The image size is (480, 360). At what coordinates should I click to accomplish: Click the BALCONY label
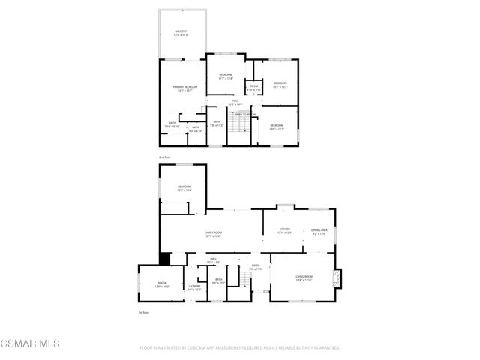click(x=181, y=31)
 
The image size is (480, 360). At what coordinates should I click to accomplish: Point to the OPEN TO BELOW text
click(x=245, y=114)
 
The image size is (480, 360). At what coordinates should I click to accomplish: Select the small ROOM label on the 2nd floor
click(x=254, y=85)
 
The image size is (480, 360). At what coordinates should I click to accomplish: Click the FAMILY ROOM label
click(x=214, y=233)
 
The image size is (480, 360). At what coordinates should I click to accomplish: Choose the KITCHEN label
click(x=285, y=229)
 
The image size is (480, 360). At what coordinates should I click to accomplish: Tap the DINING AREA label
click(x=319, y=231)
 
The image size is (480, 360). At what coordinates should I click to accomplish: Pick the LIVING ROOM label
click(x=303, y=277)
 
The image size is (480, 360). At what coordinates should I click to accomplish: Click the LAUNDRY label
click(x=193, y=286)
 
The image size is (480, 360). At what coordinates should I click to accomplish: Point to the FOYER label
click(x=255, y=265)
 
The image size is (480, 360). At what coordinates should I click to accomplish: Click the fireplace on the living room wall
click(x=337, y=277)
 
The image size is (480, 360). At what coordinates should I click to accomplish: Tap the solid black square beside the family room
click(x=166, y=258)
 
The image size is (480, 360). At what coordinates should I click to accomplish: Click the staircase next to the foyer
click(x=244, y=280)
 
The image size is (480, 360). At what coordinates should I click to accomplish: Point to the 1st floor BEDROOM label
click(x=184, y=187)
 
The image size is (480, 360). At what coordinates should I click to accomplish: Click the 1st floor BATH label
click(x=217, y=280)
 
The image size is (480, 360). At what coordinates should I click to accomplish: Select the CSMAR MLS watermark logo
click(x=30, y=343)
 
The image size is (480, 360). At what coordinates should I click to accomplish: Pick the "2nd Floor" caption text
click(x=165, y=157)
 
